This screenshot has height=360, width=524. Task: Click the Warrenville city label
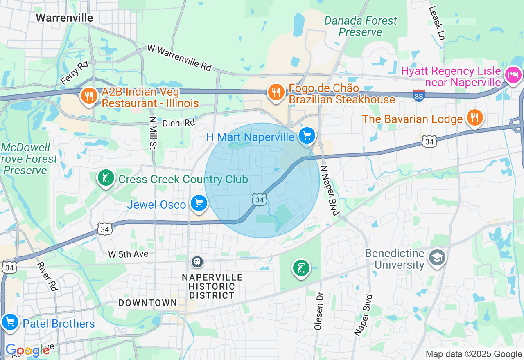click(64, 18)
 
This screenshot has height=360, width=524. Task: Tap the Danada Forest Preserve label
click(360, 26)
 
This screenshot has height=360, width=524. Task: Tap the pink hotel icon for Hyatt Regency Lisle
click(513, 75)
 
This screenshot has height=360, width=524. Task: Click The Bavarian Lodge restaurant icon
click(474, 118)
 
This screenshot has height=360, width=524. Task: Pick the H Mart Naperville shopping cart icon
click(307, 135)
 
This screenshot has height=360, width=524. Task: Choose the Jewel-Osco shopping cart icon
click(199, 203)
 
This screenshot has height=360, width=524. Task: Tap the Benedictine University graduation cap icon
click(437, 258)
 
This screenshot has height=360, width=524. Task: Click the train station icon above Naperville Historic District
click(197, 261)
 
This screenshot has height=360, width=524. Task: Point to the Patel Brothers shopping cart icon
click(10, 322)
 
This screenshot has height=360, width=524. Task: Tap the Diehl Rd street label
click(178, 123)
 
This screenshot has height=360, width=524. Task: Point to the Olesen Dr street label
click(318, 311)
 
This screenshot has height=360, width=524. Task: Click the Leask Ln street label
click(436, 23)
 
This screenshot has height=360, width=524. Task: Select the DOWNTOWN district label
click(148, 303)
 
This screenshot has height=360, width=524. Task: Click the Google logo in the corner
click(27, 350)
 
